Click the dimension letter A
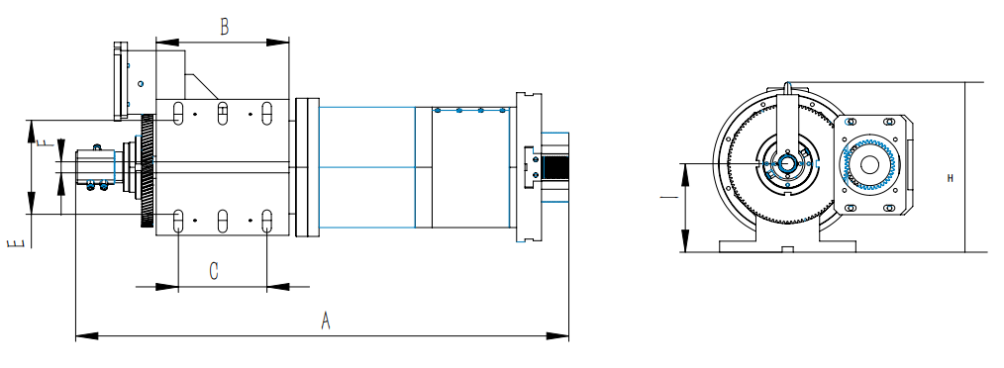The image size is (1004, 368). click(x=326, y=320)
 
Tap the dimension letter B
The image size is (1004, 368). click(x=224, y=28)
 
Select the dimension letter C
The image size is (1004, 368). click(x=214, y=271)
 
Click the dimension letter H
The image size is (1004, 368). click(x=951, y=179)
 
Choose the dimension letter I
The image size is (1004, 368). click(x=666, y=198)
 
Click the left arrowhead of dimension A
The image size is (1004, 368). click(x=87, y=335)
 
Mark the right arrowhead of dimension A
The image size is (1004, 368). click(x=557, y=335)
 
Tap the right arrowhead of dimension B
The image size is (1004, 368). click(x=278, y=43)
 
